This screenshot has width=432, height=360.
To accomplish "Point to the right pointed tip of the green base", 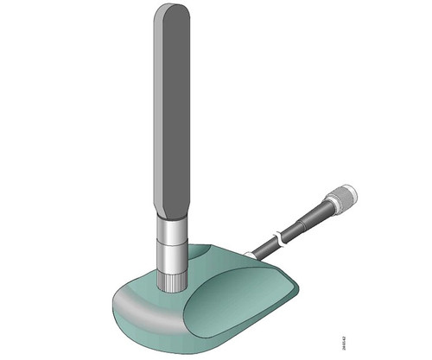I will [295, 285].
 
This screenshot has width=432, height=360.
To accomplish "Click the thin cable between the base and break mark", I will [263, 245].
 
